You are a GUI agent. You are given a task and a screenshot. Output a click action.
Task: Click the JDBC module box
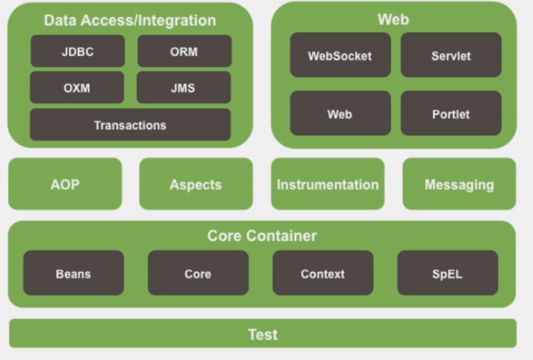point(77,52)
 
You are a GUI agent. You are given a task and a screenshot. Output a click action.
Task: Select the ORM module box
point(184,52)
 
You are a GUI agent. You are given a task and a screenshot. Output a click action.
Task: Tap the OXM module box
point(77,88)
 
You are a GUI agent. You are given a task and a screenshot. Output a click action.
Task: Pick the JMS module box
point(184,88)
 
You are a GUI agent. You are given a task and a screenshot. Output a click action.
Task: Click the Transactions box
point(130,125)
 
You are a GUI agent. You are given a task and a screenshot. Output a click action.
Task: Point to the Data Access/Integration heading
point(130,20)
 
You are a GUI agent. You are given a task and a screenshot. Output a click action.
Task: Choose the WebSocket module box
point(340,55)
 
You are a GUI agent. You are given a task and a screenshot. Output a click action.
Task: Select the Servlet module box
point(451,55)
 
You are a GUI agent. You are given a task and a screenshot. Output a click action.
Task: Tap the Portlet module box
point(451,114)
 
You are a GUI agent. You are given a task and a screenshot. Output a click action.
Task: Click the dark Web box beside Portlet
point(340,114)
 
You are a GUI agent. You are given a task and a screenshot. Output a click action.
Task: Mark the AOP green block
point(65,184)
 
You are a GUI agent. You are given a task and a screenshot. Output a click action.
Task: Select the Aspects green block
point(195,184)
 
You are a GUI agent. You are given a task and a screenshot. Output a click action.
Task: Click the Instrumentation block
point(328,184)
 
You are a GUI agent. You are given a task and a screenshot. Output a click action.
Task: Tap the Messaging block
point(459,184)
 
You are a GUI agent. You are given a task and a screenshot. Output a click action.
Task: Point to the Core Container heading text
point(262,235)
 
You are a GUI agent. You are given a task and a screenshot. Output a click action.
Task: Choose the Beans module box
point(73,274)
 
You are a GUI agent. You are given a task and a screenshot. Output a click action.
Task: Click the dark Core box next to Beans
point(198,274)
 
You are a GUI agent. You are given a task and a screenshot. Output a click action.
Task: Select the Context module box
point(323,274)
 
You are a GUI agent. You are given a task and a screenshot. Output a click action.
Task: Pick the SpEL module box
point(447,274)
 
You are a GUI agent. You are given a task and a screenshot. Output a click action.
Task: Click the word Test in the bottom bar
point(262,334)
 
